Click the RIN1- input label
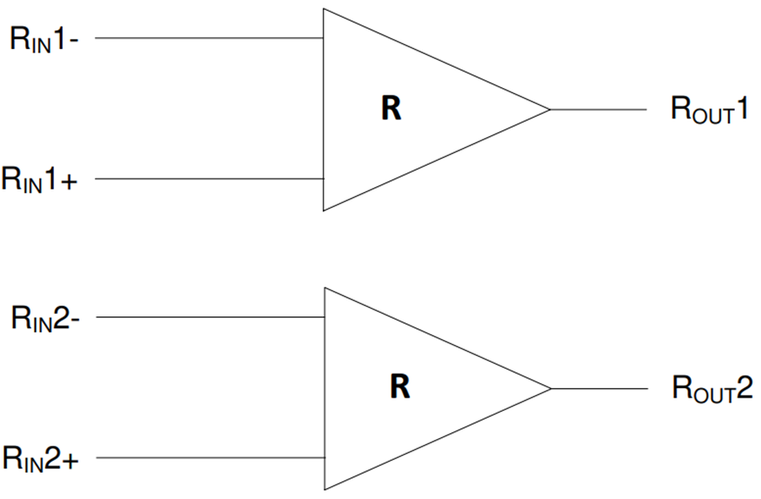[x=45, y=39]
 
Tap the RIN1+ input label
[x=41, y=179]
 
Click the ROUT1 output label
[x=709, y=110]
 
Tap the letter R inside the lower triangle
[x=400, y=387]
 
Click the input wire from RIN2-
[x=211, y=318]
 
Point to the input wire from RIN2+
[x=211, y=458]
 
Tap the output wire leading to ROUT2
[x=599, y=389]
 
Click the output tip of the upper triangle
[x=550, y=109]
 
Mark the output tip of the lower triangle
[x=551, y=389]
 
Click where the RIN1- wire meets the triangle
[x=323, y=38]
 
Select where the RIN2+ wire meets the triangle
[x=326, y=458]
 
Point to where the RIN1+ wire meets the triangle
[x=323, y=179]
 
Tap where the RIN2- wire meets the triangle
[x=326, y=318]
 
